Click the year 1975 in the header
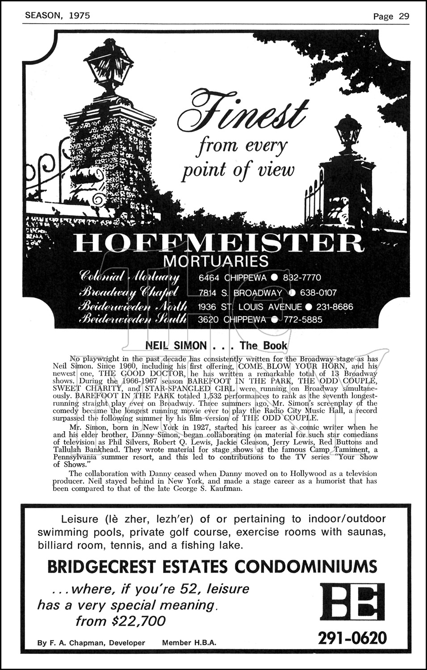coord(80,15)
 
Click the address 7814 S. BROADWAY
coord(240,293)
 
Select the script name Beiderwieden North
coord(129,307)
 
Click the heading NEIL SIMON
coord(176,346)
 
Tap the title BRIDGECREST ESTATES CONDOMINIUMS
coord(212,567)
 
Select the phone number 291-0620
coord(352,638)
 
